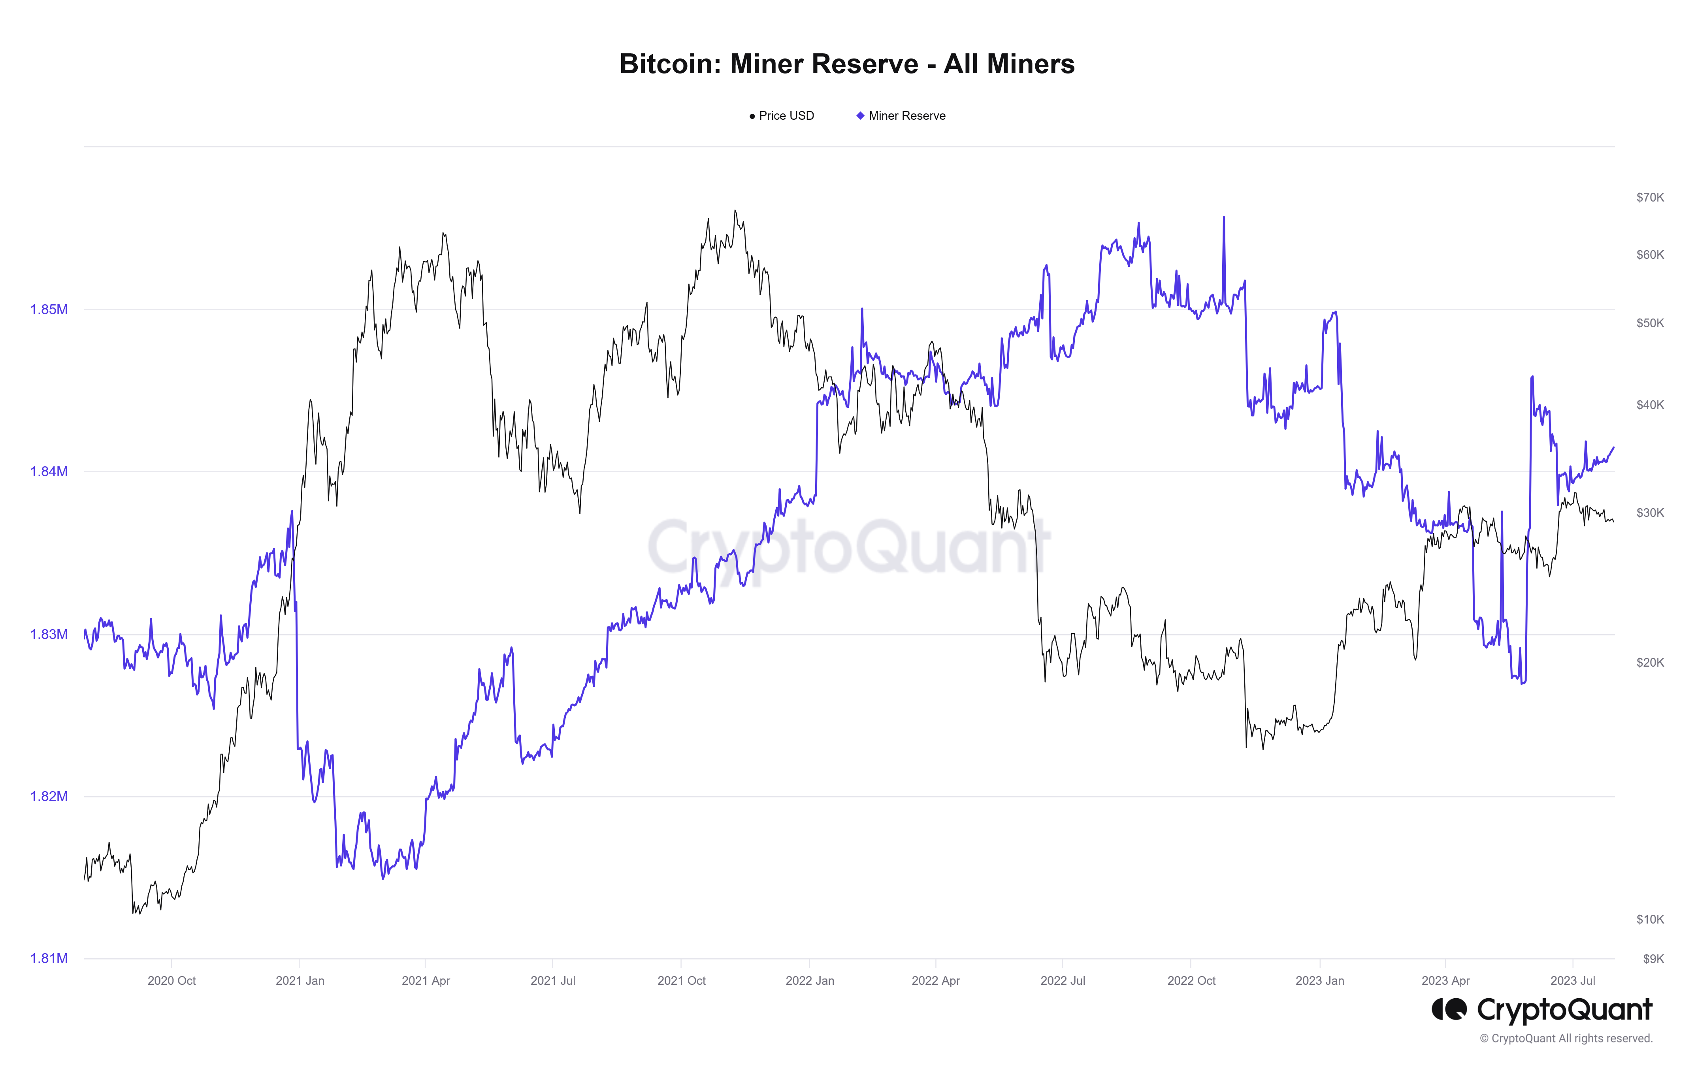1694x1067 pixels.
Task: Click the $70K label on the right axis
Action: click(x=1650, y=198)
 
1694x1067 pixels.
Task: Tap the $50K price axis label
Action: click(x=1650, y=324)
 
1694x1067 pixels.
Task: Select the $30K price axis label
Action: click(x=1650, y=513)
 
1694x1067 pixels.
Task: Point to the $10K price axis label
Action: click(x=1650, y=919)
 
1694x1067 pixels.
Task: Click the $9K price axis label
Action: click(x=1653, y=959)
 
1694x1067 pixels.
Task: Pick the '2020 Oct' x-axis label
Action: click(x=171, y=980)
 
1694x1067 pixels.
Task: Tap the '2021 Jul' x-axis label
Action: click(x=553, y=980)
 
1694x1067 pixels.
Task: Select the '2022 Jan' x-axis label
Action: click(x=810, y=980)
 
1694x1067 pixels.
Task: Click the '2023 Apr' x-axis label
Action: click(x=1446, y=980)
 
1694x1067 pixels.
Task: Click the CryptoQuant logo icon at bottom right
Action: click(x=1449, y=1010)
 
